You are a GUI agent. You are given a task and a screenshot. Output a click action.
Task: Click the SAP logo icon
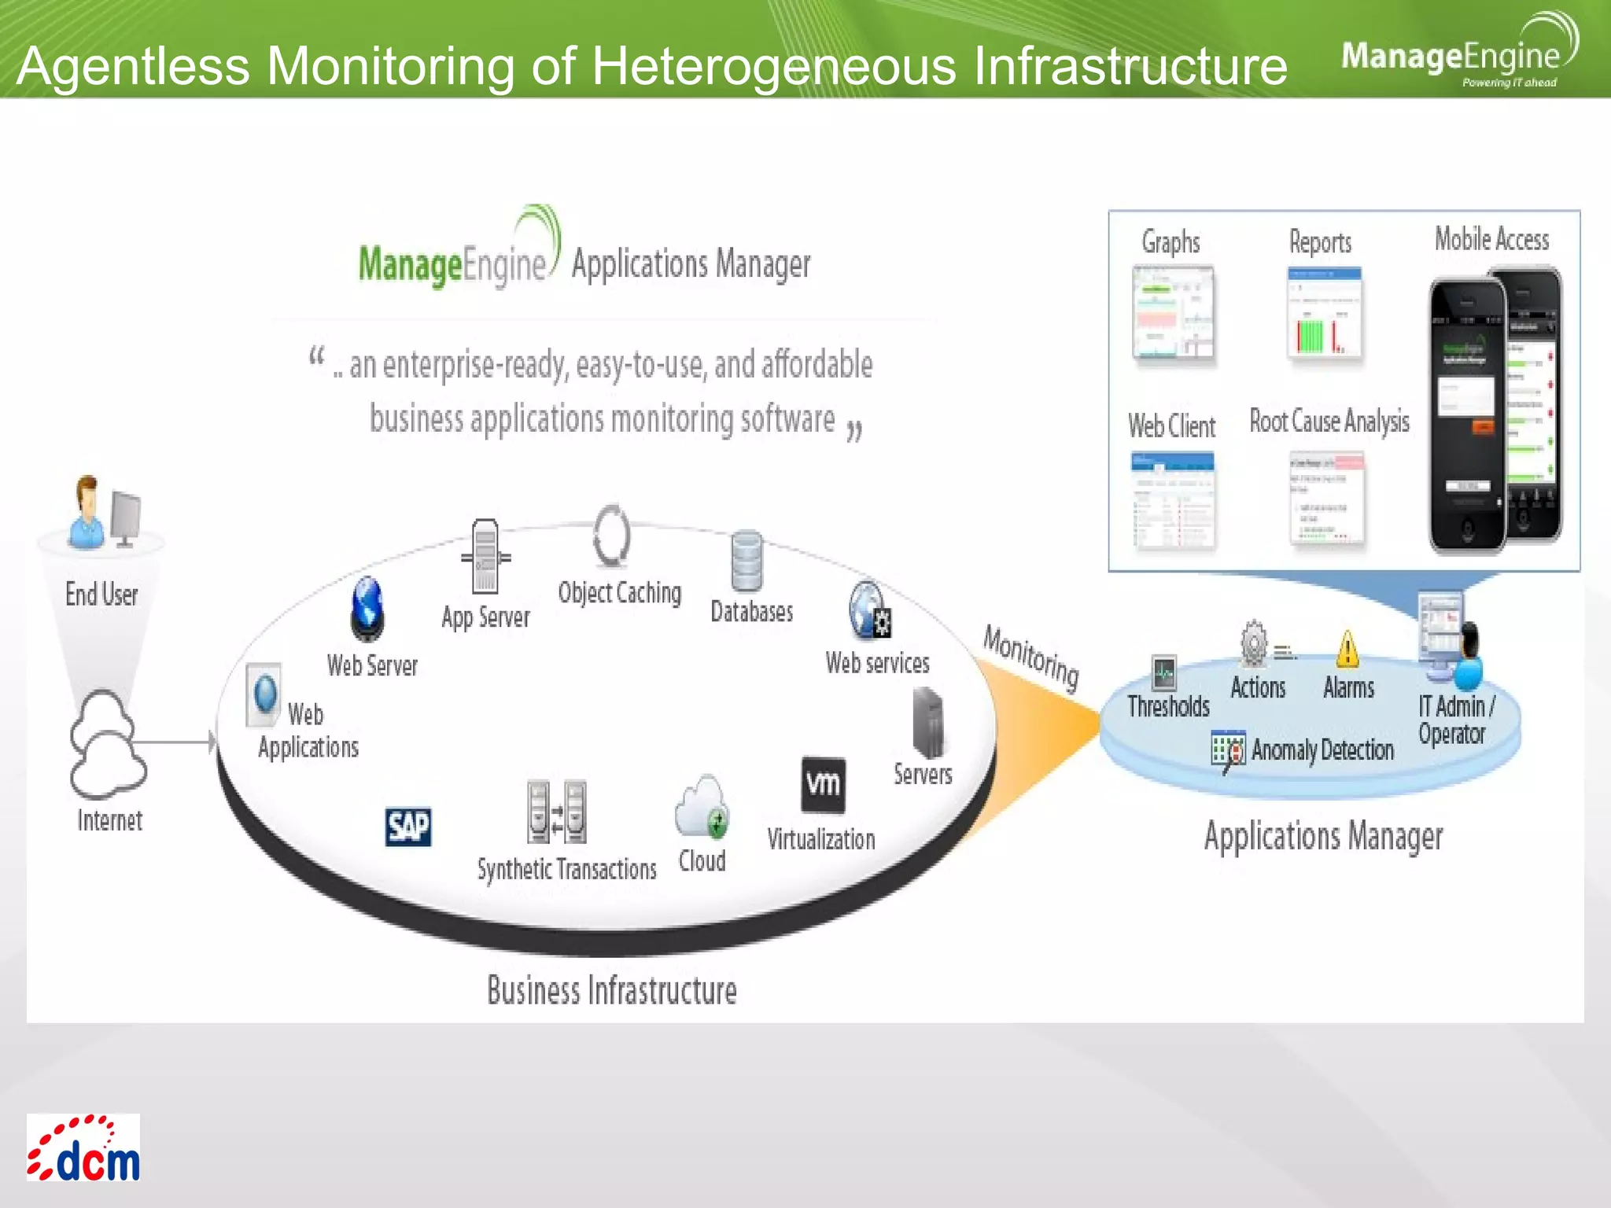[408, 827]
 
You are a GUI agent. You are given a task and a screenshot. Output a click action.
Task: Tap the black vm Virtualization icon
[823, 784]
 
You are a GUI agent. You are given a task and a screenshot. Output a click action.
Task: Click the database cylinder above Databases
[746, 562]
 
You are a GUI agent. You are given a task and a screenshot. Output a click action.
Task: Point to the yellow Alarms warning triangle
[1347, 649]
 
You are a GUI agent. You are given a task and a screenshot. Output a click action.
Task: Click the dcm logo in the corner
[83, 1147]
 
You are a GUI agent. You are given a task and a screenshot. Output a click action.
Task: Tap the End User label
[101, 595]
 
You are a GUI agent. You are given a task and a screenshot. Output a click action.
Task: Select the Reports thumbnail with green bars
[1324, 313]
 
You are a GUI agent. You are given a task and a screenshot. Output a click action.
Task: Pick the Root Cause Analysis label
[1329, 422]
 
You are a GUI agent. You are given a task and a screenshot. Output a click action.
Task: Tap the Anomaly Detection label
[1322, 749]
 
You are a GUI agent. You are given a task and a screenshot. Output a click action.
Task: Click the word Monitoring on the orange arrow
[1030, 657]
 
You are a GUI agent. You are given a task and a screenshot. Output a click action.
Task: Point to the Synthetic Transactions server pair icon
[557, 812]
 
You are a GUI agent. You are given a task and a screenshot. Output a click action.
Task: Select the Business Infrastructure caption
[612, 990]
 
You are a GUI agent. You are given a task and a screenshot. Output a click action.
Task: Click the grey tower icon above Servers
[927, 721]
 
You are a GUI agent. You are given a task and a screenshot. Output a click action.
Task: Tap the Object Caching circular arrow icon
[612, 537]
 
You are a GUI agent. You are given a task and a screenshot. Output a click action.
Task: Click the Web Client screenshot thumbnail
[1173, 500]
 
